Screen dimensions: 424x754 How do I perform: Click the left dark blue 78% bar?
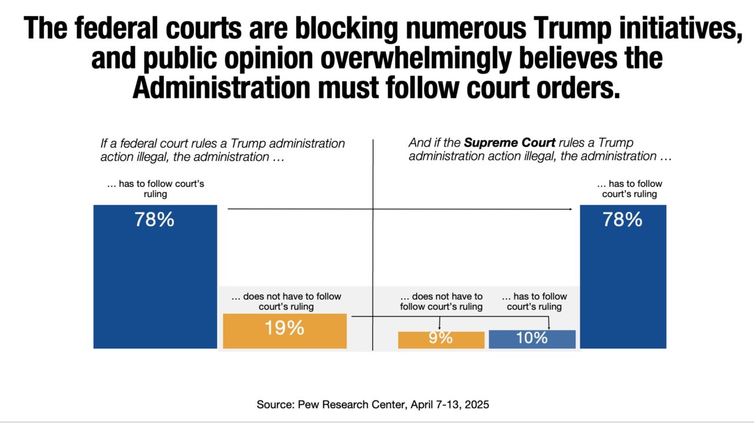(155, 283)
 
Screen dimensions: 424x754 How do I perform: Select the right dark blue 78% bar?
(623, 283)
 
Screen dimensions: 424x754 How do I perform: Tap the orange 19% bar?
(285, 331)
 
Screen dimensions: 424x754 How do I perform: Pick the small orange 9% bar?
(441, 340)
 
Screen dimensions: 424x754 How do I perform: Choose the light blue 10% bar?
(532, 340)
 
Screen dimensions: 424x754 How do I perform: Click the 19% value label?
(285, 328)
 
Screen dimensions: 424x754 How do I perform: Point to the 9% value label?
(441, 338)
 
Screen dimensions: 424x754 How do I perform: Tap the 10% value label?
(532, 338)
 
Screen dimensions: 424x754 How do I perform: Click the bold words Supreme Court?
(510, 143)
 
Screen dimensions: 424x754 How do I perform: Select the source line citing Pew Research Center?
(373, 405)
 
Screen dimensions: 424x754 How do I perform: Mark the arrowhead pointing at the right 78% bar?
(570, 209)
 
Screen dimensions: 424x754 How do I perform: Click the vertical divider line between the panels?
(373, 247)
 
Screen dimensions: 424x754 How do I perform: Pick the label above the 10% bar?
(534, 302)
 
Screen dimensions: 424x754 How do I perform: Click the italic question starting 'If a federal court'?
(223, 150)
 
